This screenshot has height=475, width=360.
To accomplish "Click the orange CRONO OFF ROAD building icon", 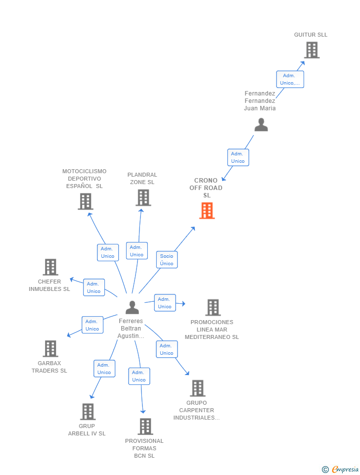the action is pyautogui.click(x=207, y=211).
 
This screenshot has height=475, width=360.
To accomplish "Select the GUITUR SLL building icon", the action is pyautogui.click(x=312, y=50).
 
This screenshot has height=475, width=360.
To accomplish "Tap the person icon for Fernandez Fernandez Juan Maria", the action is pyautogui.click(x=261, y=125).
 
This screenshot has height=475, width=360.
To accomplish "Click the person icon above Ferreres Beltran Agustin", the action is pyautogui.click(x=133, y=307).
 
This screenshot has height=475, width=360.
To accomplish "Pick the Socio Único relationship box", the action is pyautogui.click(x=167, y=260).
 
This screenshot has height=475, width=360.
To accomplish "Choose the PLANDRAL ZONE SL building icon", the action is pyautogui.click(x=143, y=197).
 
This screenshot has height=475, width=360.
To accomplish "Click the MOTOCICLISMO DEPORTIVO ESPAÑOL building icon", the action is pyautogui.click(x=86, y=201).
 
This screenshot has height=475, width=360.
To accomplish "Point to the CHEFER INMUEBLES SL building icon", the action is pyautogui.click(x=50, y=267).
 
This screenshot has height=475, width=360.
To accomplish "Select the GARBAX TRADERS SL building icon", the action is pyautogui.click(x=50, y=348).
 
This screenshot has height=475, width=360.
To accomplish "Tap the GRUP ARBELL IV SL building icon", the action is pyautogui.click(x=88, y=411).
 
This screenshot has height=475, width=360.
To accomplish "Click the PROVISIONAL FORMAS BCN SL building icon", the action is pyautogui.click(x=145, y=426).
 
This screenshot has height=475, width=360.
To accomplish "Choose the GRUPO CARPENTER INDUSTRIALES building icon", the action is pyautogui.click(x=198, y=388).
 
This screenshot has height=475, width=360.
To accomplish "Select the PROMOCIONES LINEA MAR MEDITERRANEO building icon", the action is pyautogui.click(x=213, y=307).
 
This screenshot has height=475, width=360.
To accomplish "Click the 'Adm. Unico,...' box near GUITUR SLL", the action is pyautogui.click(x=290, y=79).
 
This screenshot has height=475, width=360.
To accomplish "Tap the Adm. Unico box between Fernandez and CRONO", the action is pyautogui.click(x=238, y=157).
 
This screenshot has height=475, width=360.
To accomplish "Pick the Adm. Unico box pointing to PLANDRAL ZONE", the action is pyautogui.click(x=137, y=251).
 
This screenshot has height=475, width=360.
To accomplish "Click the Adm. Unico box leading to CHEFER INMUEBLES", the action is pyautogui.click(x=94, y=287).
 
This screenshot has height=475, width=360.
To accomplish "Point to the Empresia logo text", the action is pyautogui.click(x=345, y=469).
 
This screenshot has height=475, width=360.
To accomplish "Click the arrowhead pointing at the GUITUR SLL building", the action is pyautogui.click(x=302, y=64).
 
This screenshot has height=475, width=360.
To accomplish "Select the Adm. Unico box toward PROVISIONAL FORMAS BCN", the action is pyautogui.click(x=139, y=376).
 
